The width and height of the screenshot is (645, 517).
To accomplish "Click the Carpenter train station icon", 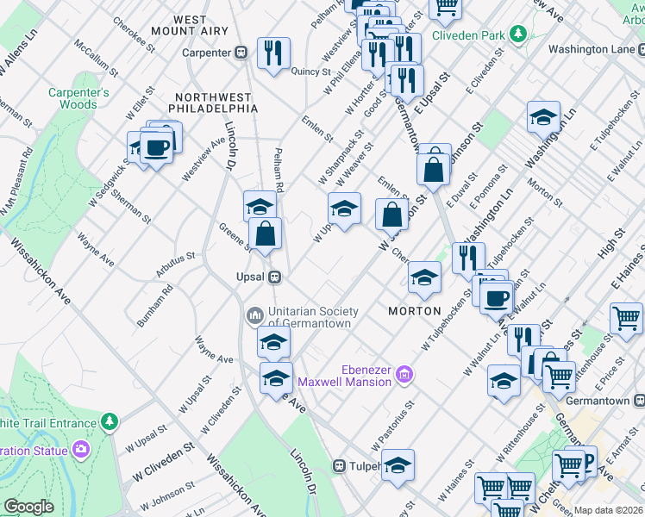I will point(243,53).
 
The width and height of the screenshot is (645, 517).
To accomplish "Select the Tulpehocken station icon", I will point(340,465).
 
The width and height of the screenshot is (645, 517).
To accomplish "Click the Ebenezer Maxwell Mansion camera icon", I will point(404,376).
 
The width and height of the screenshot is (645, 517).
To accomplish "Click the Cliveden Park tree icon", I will point(517,34).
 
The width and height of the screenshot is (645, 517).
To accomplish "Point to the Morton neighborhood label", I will point(414,310).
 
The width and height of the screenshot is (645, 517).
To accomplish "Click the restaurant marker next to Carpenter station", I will point(273,53).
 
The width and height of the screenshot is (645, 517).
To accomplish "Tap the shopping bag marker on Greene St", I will point(266,234).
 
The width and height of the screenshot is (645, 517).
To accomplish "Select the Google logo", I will point(29,507).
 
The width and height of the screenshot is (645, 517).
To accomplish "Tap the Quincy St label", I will point(311,72).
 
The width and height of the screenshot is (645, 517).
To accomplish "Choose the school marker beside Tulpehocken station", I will point(398,465).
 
